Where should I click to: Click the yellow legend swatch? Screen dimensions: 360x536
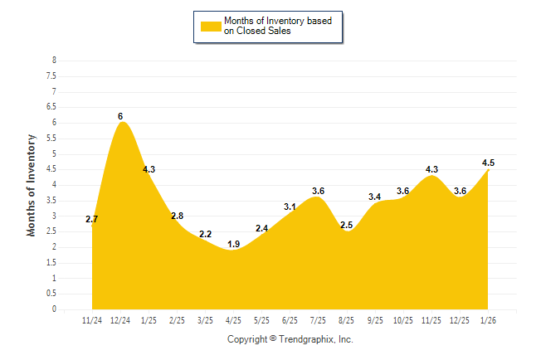coord(211,26)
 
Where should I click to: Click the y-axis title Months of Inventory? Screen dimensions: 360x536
coord(32,185)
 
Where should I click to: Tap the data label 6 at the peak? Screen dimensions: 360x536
coord(120,115)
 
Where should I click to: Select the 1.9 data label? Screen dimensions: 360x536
coord(233,244)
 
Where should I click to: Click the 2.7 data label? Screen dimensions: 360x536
coord(92,219)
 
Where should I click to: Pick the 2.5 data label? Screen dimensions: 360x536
coord(346,225)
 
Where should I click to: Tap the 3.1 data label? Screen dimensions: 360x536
coord(290,207)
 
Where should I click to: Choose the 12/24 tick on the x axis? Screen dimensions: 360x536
coord(120,320)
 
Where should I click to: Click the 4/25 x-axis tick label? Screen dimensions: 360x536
coord(233,320)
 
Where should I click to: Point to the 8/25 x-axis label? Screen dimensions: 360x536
coord(346,320)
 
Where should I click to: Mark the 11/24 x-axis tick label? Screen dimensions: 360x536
coord(92,320)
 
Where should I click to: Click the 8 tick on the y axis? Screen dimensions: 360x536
coord(54,61)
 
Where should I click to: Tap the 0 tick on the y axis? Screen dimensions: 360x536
coord(54,309)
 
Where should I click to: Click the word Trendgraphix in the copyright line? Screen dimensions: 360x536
coord(306,339)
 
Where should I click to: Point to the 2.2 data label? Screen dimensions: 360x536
coord(205,235)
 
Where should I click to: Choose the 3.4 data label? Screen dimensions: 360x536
coord(374,197)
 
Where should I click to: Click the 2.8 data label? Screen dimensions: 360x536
coord(177,216)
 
